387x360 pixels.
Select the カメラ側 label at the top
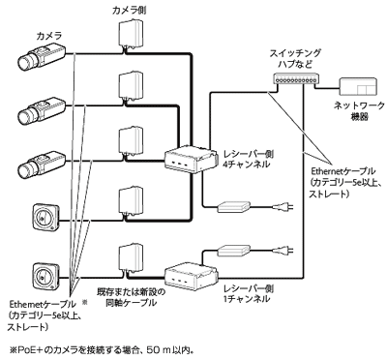point(132,9)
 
